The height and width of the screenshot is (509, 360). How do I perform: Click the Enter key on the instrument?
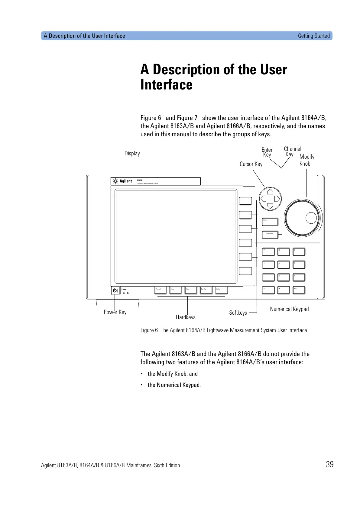coord(270,222)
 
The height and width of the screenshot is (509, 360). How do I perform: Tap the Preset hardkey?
coord(161,290)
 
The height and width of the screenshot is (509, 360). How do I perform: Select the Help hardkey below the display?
coord(221,290)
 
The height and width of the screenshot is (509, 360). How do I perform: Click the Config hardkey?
coord(206,290)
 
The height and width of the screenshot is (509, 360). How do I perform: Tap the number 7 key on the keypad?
coord(268,251)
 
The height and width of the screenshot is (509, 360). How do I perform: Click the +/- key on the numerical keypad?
coord(299,290)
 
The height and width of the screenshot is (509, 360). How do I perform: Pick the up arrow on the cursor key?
coord(270,192)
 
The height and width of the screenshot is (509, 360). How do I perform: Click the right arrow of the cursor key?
coord(277,199)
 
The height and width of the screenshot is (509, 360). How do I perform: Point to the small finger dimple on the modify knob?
coord(311,218)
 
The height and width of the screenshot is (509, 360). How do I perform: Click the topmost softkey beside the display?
coord(245,201)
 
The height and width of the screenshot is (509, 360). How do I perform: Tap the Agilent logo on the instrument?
coord(122,181)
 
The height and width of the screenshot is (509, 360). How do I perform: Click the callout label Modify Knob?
coord(306,160)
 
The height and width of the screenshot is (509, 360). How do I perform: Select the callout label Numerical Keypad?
coord(289,309)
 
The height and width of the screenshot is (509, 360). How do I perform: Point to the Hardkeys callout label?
coord(186,317)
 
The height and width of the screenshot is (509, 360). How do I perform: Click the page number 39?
coord(329,464)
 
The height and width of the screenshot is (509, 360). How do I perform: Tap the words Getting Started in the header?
coord(313,36)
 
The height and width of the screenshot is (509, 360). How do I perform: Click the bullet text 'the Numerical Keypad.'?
coord(174,385)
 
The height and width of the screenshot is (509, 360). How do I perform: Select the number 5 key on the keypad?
coord(284,264)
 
